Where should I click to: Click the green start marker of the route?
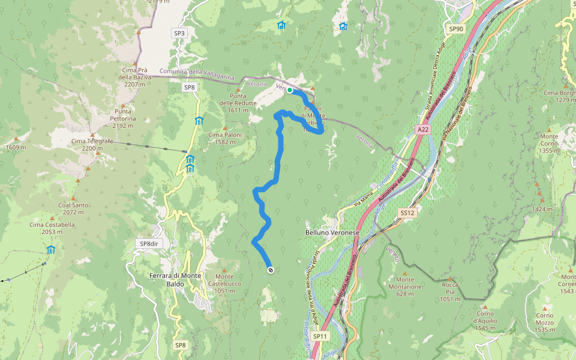[290, 90]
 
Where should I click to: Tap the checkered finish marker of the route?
[271, 270]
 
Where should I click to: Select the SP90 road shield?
[456, 29]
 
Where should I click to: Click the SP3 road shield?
[179, 33]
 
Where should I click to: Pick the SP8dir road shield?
[148, 244]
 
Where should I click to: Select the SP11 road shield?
[320, 336]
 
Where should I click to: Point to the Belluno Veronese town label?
[332, 232]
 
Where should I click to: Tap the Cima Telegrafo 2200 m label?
[92, 145]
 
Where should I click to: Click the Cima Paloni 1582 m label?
[225, 139]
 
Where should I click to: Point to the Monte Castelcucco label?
[224, 283]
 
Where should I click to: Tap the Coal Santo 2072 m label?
[74, 209]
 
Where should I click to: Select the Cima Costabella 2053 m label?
[52, 228]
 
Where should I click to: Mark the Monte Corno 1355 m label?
[548, 143]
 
